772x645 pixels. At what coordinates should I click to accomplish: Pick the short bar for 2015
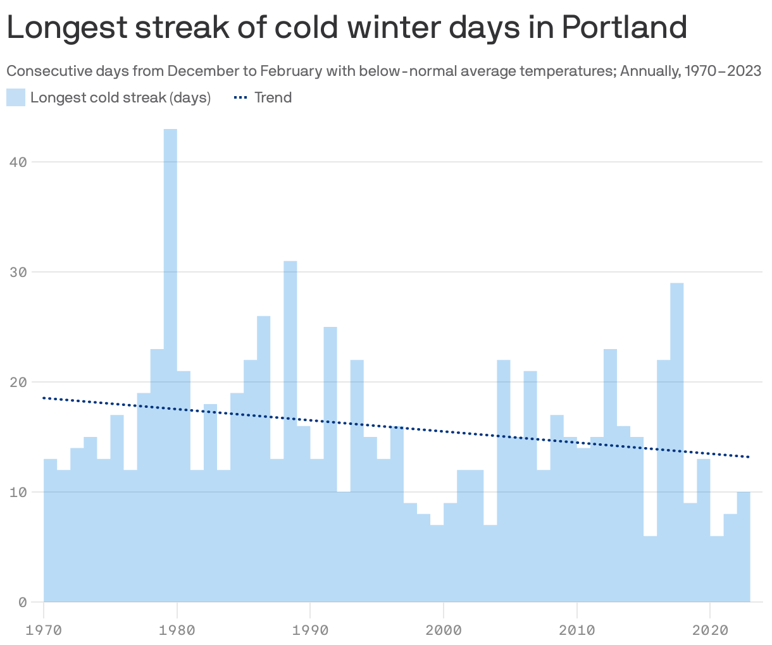(650, 569)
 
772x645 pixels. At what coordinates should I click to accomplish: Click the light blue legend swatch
(16, 98)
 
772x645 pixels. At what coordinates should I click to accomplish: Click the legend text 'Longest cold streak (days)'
(120, 98)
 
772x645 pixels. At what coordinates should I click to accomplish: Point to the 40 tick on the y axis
(18, 163)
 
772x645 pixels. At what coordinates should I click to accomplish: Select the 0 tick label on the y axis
(22, 603)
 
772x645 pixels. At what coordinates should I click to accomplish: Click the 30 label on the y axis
(18, 273)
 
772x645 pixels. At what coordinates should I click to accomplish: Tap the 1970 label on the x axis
(44, 630)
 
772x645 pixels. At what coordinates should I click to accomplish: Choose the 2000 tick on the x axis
(444, 630)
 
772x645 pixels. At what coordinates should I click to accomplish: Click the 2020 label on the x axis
(710, 630)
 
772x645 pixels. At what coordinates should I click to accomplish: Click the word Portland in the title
(623, 28)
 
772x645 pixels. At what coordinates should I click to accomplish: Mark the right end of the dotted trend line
(749, 457)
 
